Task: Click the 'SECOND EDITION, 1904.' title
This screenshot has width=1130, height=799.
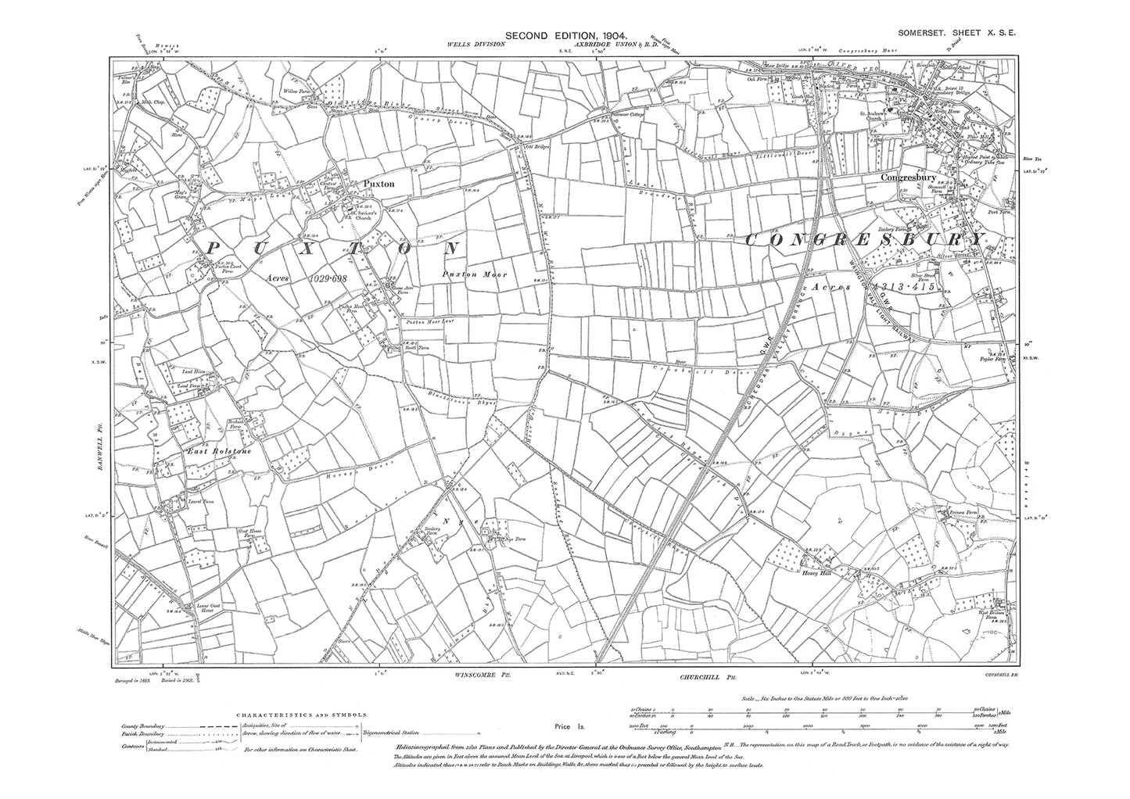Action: click(x=565, y=35)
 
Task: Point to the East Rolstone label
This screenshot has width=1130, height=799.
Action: click(x=206, y=451)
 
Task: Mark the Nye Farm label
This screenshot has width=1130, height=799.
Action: click(x=496, y=539)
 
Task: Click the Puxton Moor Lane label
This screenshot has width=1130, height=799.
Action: click(x=426, y=321)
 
